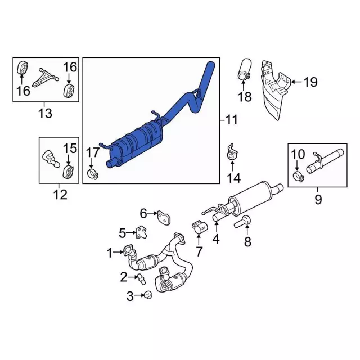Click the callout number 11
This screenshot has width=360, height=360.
tap(231, 120)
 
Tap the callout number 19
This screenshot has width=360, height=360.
tap(310, 83)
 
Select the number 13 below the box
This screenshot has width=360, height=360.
tap(44, 113)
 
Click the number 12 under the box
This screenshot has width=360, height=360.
tap(60, 195)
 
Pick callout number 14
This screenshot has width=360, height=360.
tap(233, 178)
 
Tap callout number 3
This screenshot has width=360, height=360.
tap(130, 296)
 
